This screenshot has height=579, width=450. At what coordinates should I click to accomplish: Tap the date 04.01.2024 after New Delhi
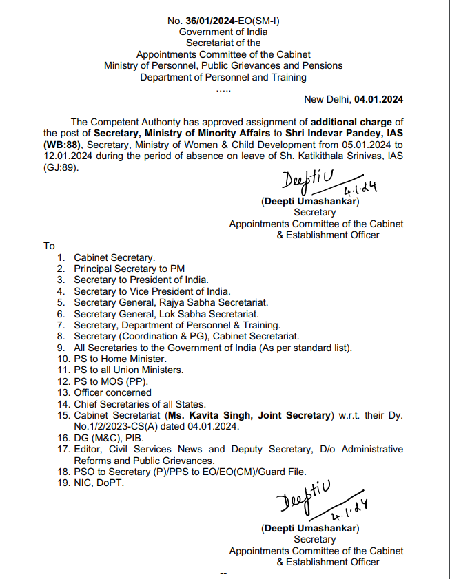tap(379, 99)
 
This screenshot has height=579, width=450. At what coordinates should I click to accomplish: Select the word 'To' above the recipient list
tap(49, 246)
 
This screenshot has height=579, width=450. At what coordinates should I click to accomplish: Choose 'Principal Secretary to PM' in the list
tap(130, 269)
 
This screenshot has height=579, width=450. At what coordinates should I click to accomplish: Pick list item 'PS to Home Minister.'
tap(120, 359)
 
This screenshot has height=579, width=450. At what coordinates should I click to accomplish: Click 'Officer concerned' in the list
tap(112, 392)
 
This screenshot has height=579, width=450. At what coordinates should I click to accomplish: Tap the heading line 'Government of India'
tap(223, 32)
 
